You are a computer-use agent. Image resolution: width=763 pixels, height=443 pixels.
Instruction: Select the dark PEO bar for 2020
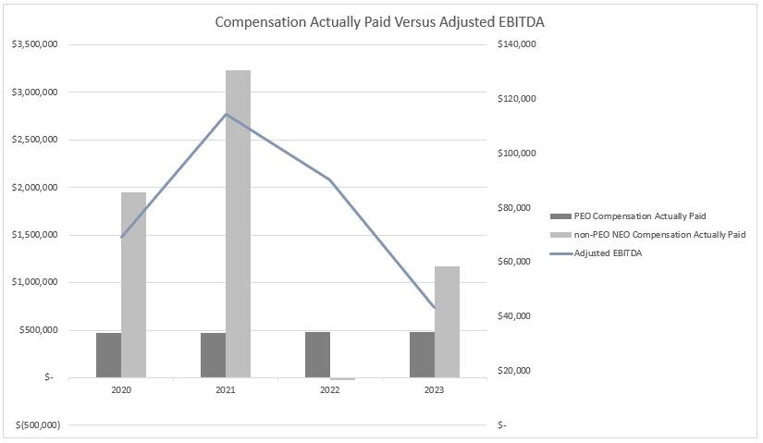coord(108,355)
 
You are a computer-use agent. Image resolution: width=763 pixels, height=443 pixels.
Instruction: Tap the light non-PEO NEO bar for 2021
coord(238,224)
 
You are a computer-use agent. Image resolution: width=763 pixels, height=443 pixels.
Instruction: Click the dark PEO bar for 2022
coord(317,354)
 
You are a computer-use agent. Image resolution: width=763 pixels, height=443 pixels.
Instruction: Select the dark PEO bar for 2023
coord(422,354)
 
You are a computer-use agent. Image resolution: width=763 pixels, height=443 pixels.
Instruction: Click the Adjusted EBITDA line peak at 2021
coord(226,114)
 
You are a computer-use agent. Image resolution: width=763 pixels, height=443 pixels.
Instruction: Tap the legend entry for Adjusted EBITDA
coord(608,252)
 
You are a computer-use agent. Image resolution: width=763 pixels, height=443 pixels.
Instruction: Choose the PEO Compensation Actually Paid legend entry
coord(640,215)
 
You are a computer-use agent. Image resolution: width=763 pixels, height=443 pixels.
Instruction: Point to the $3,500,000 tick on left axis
coord(33,44)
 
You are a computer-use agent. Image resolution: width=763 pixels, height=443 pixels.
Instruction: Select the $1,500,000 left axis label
coord(33,235)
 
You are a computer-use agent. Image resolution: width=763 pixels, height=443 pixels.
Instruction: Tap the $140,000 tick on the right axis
coord(516,44)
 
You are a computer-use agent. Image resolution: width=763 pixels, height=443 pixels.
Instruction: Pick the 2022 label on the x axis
coord(330,390)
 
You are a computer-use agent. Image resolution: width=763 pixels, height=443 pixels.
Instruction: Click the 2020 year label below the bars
coord(121,390)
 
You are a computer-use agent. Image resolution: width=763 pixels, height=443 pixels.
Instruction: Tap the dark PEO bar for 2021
coord(213,355)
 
